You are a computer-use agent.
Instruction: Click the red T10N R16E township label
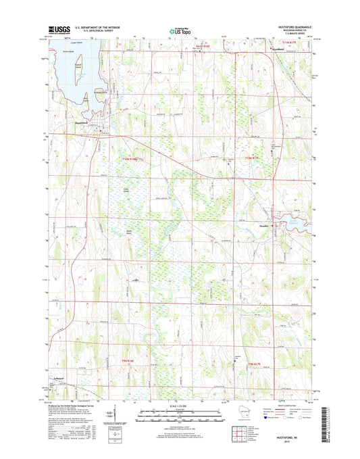coord(129,158)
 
